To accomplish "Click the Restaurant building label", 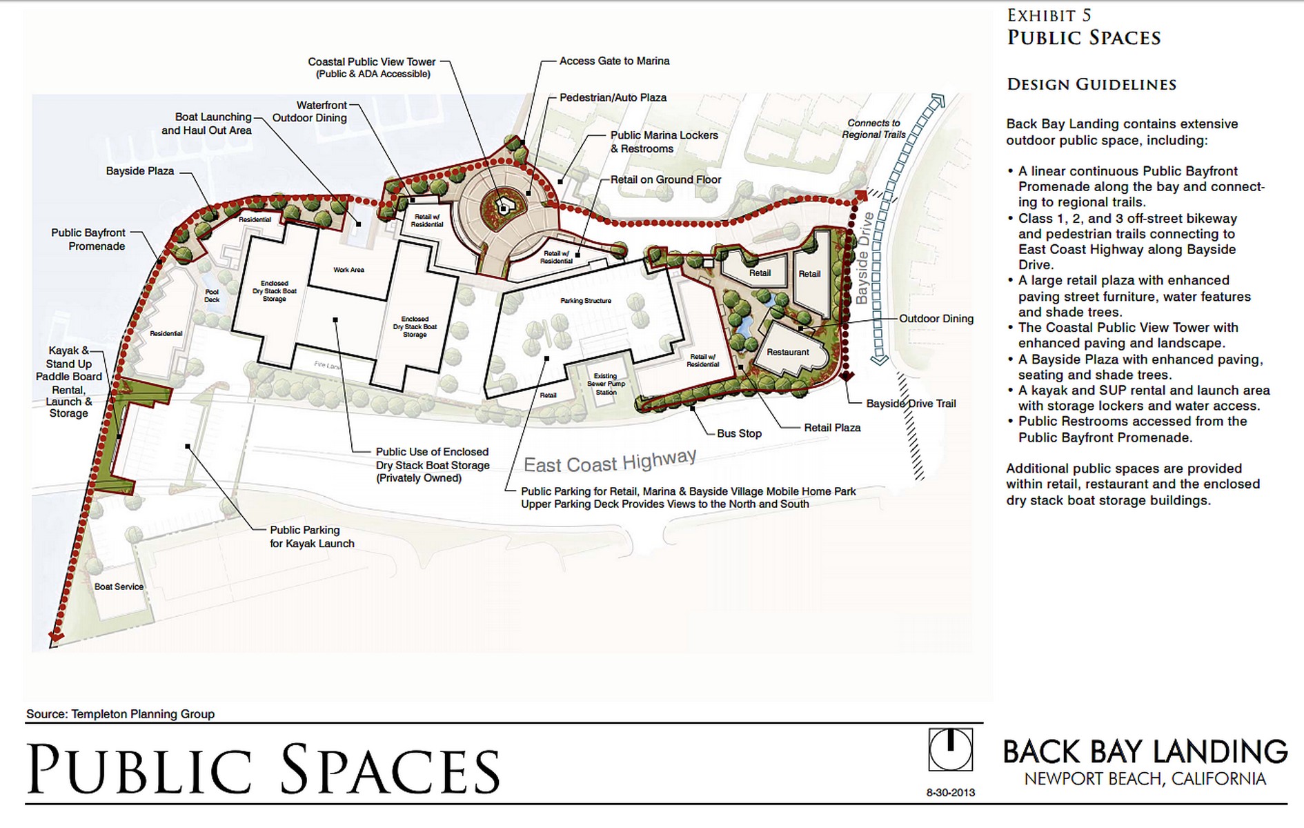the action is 787,352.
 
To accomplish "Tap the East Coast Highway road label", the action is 610,461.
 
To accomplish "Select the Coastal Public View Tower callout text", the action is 372,68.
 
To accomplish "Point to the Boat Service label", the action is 119,586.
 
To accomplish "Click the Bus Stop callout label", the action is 739,433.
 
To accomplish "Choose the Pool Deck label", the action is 212,296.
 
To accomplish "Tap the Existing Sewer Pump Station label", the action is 606,384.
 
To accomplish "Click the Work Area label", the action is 348,270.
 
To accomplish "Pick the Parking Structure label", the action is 586,301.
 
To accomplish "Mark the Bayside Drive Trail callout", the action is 911,404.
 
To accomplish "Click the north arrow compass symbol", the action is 950,749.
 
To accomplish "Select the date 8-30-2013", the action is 950,793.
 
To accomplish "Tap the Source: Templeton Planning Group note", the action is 120,714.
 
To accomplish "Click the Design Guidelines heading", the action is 1091,85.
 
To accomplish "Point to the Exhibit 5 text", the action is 1049,15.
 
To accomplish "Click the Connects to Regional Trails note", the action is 873,129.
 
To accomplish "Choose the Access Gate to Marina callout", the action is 614,61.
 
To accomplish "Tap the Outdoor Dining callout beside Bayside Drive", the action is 936,319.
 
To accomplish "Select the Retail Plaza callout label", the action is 832,428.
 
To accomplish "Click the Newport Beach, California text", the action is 1145,779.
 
